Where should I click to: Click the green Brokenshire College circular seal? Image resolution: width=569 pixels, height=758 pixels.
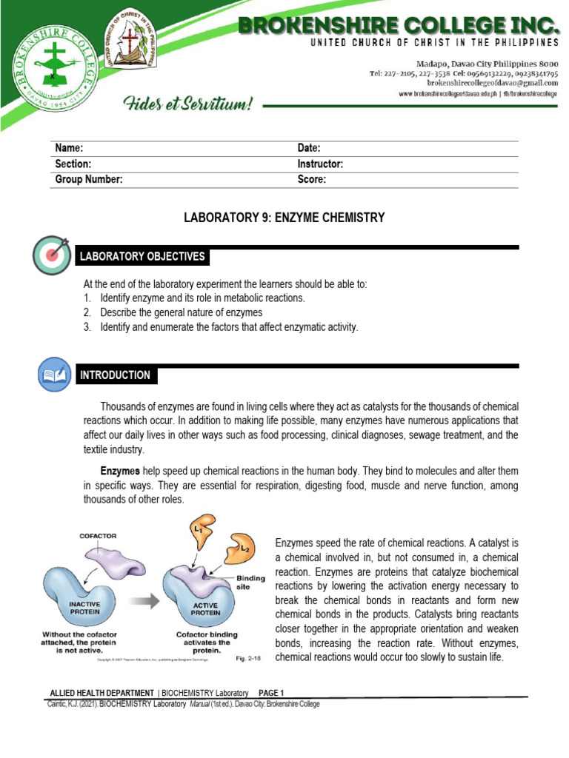53,74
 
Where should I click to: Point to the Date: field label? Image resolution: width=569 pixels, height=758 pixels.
309,149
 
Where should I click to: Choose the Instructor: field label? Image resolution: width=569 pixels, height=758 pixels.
320,164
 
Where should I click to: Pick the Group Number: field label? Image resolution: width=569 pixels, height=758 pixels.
89,179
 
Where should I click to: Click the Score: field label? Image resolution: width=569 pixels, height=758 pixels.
312,179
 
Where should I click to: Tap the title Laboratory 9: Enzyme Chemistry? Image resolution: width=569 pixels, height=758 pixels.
284,218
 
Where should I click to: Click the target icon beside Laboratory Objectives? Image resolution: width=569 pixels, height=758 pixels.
52,255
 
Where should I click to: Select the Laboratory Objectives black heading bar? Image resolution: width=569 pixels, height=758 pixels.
143,257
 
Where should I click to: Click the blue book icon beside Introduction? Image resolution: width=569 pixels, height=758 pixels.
55,374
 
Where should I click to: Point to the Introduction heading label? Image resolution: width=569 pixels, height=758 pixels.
116,375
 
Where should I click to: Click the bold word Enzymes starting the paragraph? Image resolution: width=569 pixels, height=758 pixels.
120,471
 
